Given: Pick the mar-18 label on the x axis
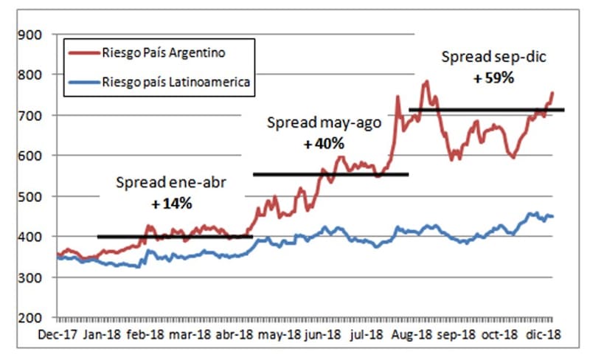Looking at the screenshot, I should click(190, 334).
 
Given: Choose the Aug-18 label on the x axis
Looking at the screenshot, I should click(414, 334).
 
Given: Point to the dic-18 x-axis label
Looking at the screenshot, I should click(545, 334).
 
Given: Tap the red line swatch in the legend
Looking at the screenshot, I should click(83, 52).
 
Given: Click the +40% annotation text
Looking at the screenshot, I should click(320, 145).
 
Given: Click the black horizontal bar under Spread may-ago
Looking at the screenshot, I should click(330, 175).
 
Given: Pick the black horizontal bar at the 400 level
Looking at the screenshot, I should click(175, 237).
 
